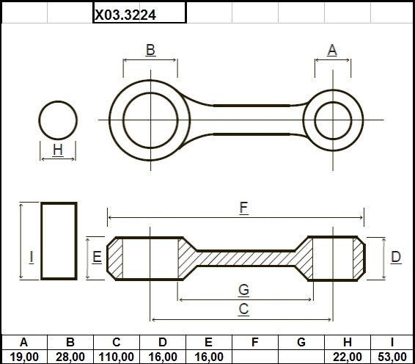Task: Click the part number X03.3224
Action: [125, 15]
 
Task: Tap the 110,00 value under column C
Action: [116, 357]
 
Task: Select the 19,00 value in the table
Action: [24, 357]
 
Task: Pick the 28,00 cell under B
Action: [70, 357]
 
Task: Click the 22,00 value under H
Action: [348, 357]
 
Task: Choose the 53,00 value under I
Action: [392, 357]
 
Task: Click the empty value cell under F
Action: [255, 357]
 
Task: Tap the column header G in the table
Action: [301, 342]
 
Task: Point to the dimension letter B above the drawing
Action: [150, 50]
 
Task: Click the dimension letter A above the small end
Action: [332, 50]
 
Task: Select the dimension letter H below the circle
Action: [58, 150]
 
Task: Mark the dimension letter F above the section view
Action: [243, 208]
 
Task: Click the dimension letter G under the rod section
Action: [243, 290]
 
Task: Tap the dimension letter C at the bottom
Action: [243, 309]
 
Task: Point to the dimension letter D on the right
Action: [396, 257]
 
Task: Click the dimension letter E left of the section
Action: [97, 257]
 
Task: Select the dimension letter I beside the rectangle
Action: [32, 257]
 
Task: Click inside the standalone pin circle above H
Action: [58, 120]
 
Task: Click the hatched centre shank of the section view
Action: [246, 258]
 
